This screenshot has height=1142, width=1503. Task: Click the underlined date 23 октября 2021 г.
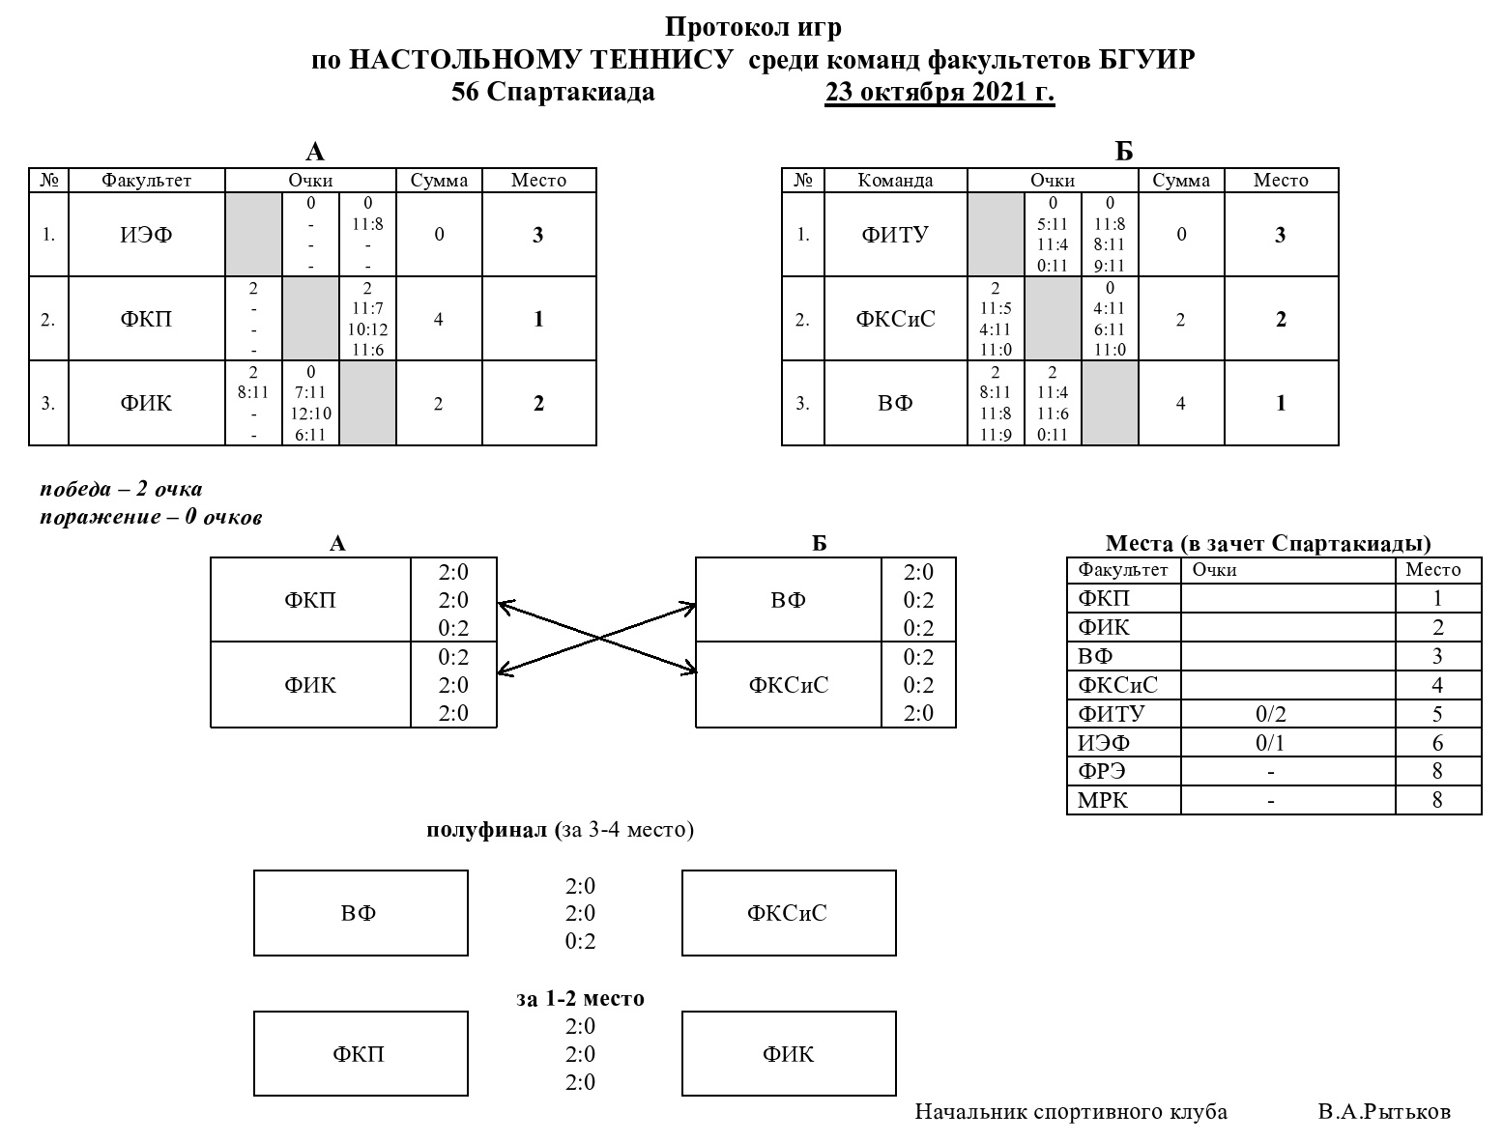click(x=939, y=91)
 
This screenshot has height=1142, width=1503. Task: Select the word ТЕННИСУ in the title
click(x=661, y=60)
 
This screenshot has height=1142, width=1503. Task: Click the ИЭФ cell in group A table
click(x=147, y=235)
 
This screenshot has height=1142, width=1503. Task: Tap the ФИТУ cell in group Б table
click(x=895, y=235)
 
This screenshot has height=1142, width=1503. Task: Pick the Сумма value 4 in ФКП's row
click(x=438, y=319)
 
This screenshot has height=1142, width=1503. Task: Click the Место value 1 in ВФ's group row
click(x=1281, y=403)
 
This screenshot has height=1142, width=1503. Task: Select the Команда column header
click(x=895, y=181)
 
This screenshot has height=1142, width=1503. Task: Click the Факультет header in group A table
click(x=147, y=181)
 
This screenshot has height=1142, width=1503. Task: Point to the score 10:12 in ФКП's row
click(x=367, y=329)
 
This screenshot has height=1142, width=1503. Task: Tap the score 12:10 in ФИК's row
click(x=310, y=414)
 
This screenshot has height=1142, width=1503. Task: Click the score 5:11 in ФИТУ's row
click(x=1053, y=224)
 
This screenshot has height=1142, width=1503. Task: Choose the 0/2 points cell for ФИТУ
click(x=1271, y=714)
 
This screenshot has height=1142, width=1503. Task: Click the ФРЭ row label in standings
click(x=1102, y=771)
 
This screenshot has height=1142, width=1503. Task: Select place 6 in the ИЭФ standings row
click(x=1437, y=742)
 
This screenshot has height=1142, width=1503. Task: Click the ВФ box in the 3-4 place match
click(x=361, y=913)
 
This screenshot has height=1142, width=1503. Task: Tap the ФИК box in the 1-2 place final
click(x=789, y=1054)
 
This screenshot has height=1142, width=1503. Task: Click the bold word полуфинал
click(x=487, y=830)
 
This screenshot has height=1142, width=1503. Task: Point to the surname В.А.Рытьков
click(x=1384, y=1112)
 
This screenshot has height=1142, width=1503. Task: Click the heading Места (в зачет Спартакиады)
click(x=1268, y=543)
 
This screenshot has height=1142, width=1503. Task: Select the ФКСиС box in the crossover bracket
click(x=789, y=685)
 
